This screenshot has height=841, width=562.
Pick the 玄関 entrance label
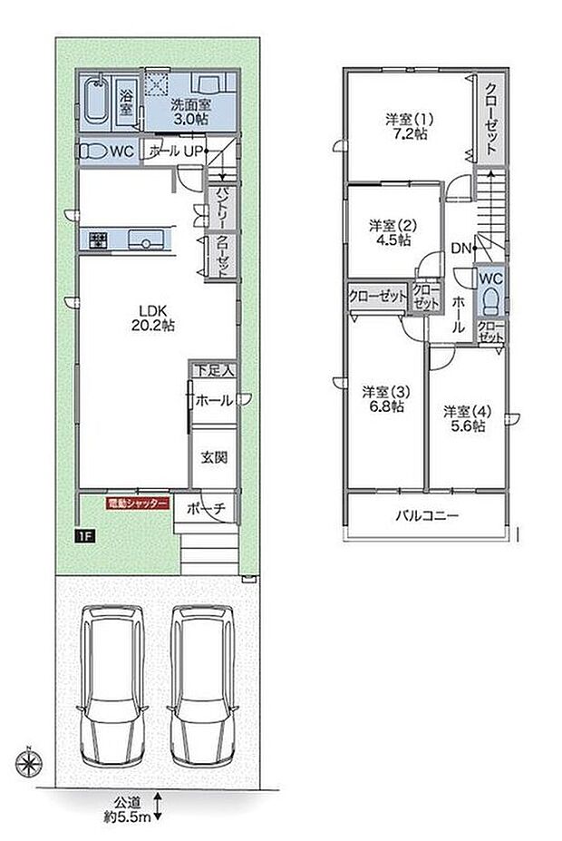(x=214, y=456)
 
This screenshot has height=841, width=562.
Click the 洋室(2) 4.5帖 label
(x=390, y=232)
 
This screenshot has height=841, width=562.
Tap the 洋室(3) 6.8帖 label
(x=384, y=399)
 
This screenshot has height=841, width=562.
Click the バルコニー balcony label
(x=426, y=515)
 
